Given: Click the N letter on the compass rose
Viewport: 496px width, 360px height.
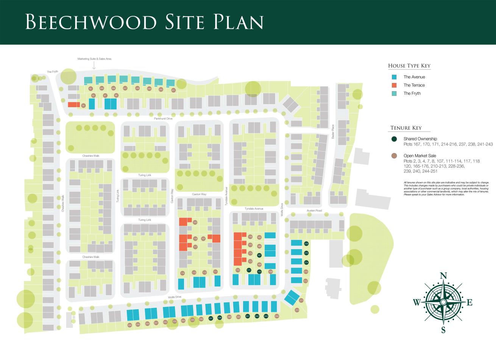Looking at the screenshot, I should coord(443,275).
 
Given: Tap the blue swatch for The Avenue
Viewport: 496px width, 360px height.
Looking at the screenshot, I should coord(394,77).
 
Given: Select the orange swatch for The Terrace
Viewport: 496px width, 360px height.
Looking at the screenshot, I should coord(394,85).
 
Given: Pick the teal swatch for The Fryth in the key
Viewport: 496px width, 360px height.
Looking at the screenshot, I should coord(394,93).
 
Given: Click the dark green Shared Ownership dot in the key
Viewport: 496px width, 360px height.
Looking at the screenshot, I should coord(394,139).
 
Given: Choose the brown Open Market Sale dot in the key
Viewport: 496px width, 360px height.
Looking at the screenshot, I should coord(394,156).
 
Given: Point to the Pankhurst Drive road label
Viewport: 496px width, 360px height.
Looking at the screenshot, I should coord(163,119).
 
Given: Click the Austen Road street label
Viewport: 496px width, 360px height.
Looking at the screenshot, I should coord(314,211).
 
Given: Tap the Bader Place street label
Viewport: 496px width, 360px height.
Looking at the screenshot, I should coord(333,131).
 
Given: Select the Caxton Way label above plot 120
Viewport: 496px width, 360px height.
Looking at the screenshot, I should coord(199,194).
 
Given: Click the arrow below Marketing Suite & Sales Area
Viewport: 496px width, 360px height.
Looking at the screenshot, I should coord(94,66).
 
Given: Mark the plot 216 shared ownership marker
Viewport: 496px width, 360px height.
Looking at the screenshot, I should coord(306,244).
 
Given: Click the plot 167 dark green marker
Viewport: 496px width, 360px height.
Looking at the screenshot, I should coord(259,256).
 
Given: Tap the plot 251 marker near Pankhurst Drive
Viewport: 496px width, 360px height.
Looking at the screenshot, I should coord(173,90).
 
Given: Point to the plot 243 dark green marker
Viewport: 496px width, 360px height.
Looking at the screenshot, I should coord(266,316).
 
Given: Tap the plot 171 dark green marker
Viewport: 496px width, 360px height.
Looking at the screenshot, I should coord(249,270).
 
